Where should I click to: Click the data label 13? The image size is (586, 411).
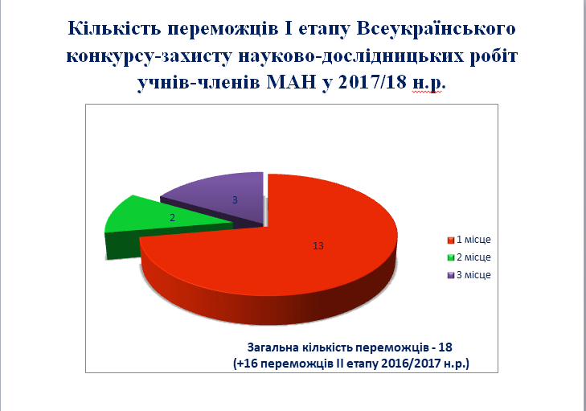click(x=318, y=245)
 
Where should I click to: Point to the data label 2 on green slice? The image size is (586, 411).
click(x=172, y=218)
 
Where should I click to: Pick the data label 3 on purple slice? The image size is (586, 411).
click(x=235, y=200)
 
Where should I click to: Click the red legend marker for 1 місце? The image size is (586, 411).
click(x=451, y=240)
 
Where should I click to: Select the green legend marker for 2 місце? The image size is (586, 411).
click(x=451, y=257)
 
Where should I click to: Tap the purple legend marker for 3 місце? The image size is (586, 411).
click(x=451, y=275)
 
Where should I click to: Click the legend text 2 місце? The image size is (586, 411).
click(x=473, y=257)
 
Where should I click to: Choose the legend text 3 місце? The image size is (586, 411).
click(x=473, y=275)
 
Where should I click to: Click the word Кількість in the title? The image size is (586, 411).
click(x=114, y=28)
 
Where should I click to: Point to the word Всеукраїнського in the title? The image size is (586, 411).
click(x=436, y=28)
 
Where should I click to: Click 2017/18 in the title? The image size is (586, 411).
click(x=372, y=82)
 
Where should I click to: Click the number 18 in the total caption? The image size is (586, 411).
click(x=445, y=347)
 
